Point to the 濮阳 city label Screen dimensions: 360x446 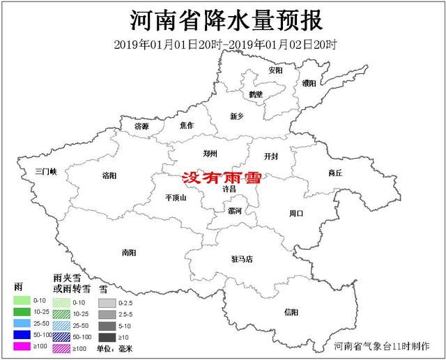click(x=309, y=84)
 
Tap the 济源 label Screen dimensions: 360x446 click(x=142, y=127)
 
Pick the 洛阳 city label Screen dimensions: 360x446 click(x=109, y=175)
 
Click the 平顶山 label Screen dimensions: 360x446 click(x=176, y=197)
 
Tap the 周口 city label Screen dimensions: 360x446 click(x=295, y=214)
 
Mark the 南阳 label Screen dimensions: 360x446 click(x=128, y=253)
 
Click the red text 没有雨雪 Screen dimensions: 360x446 click(x=221, y=178)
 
